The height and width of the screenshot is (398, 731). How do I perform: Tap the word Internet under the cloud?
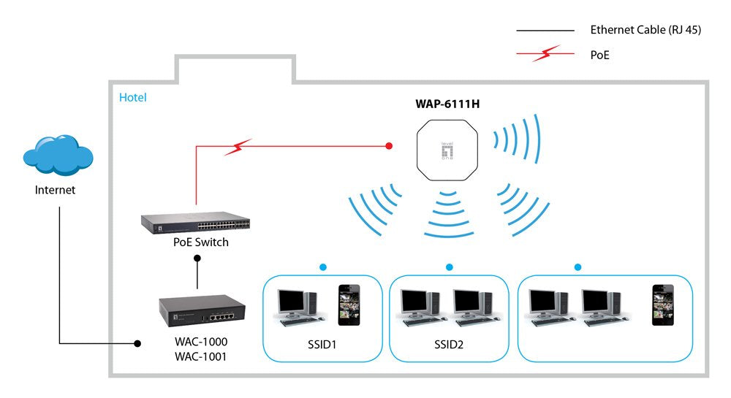pyautogui.click(x=55, y=190)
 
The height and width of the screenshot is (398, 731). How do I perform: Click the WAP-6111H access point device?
pyautogui.click(x=447, y=151)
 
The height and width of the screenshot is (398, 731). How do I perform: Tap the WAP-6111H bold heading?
pyautogui.click(x=447, y=104)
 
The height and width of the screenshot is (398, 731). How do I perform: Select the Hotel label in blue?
pyautogui.click(x=132, y=97)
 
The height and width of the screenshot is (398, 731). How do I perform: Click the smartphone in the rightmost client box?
pyautogui.click(x=663, y=305)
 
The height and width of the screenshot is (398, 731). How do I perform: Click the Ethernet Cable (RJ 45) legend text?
pyautogui.click(x=645, y=31)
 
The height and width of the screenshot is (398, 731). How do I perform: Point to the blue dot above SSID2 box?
pyautogui.click(x=449, y=267)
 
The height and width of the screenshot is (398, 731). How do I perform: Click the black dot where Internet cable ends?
pyautogui.click(x=136, y=343)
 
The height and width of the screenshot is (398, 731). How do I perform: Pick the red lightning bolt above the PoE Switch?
pyautogui.click(x=238, y=148)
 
